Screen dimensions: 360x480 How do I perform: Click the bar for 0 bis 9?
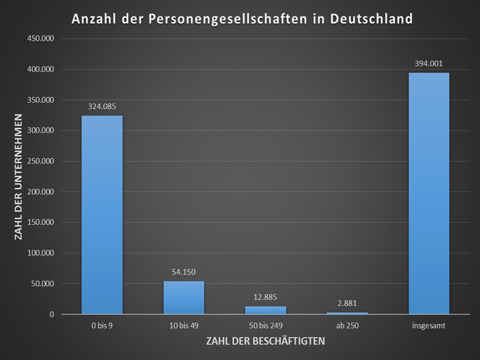tap(102, 215)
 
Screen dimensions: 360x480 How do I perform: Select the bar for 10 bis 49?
tap(183, 297)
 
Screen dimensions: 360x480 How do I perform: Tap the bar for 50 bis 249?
tap(265, 310)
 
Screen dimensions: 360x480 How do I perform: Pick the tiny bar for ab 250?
tap(347, 313)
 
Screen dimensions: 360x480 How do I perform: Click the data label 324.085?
tap(102, 106)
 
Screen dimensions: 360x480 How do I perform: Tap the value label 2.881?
tap(347, 303)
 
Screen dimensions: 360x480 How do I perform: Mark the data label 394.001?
tap(428, 63)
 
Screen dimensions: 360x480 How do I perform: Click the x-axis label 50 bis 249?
tap(265, 326)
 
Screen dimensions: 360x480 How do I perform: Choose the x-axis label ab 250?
tap(347, 326)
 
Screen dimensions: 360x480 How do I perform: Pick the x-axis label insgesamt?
tap(428, 326)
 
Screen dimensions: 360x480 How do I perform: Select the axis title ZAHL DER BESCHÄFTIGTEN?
tap(265, 341)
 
